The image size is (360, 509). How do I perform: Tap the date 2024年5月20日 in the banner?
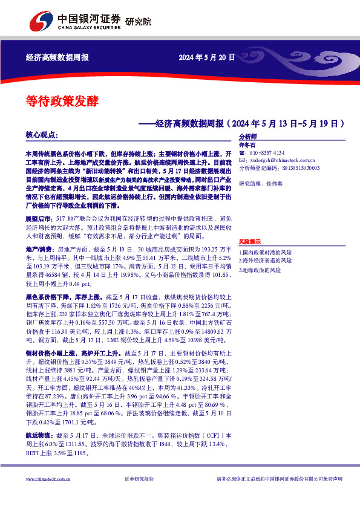[x=205, y=58]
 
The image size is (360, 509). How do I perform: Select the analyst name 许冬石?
[x=247, y=145]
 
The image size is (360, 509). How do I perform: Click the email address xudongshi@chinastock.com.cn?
[x=275, y=160]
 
